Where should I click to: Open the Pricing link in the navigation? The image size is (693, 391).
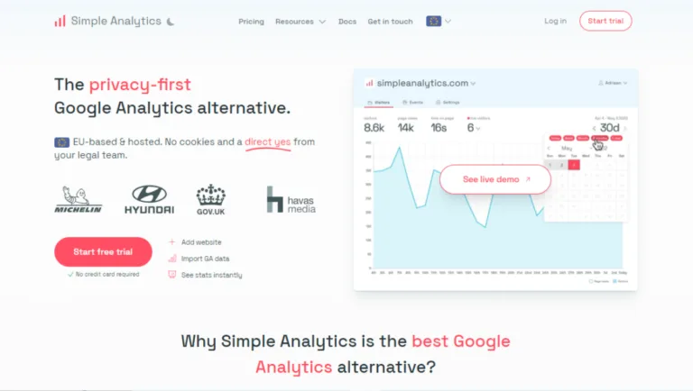(251, 21)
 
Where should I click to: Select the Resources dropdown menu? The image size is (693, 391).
(300, 21)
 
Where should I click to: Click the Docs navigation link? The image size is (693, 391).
(346, 21)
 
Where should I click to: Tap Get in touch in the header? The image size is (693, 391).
(390, 21)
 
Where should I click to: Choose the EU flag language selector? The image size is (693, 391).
(439, 21)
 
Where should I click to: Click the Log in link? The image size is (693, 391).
(556, 21)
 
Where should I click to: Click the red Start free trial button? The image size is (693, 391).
(103, 251)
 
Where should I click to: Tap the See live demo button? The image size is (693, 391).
(494, 179)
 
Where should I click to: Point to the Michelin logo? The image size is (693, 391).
(79, 199)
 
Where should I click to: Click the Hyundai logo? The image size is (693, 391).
(149, 199)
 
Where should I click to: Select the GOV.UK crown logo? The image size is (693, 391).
(210, 199)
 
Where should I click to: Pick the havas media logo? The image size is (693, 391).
(288, 199)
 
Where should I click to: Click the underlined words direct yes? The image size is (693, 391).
(267, 141)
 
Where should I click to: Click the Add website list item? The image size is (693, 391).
(200, 242)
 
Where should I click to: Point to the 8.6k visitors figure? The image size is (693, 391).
(374, 128)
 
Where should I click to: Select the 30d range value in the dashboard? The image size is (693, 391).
(609, 128)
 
